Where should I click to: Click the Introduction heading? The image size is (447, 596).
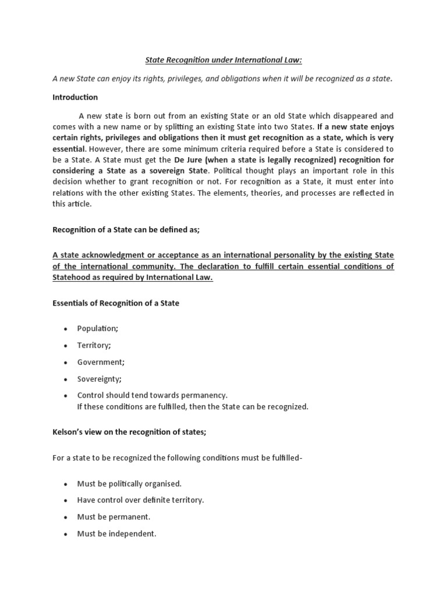pyautogui.click(x=75, y=97)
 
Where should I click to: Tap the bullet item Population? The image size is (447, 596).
pyautogui.click(x=97, y=329)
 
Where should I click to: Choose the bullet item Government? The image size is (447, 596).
pyautogui.click(x=101, y=362)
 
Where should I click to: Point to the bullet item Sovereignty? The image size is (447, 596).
pyautogui.click(x=100, y=378)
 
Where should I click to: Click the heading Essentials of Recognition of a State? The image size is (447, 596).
pyautogui.click(x=116, y=303)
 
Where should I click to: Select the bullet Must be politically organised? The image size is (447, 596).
pyautogui.click(x=129, y=484)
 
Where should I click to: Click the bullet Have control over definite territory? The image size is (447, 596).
pyautogui.click(x=140, y=500)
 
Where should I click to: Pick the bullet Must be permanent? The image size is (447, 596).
pyautogui.click(x=113, y=517)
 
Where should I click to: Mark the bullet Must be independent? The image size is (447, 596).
pyautogui.click(x=116, y=534)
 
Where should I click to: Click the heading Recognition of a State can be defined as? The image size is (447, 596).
pyautogui.click(x=126, y=230)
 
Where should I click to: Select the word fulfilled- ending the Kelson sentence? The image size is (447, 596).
pyautogui.click(x=283, y=457)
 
